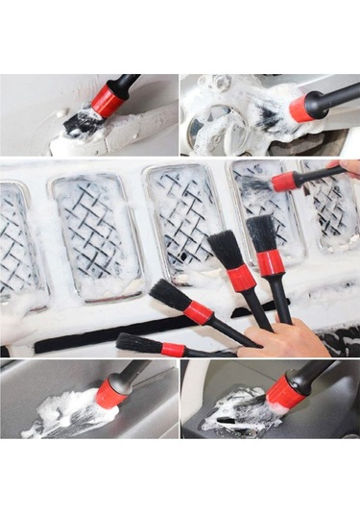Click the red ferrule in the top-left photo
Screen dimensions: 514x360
click(x=108, y=99)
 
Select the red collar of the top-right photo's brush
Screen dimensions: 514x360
click(x=302, y=108)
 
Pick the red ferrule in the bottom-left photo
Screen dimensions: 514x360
click(x=111, y=391)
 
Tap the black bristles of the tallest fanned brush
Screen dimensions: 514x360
click(x=261, y=232)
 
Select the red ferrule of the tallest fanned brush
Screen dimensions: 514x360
click(x=272, y=261)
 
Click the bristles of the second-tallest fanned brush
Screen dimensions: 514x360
click(x=227, y=249)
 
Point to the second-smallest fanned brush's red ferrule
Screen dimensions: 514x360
click(x=199, y=311)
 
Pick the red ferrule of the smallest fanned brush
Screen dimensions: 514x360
click(x=174, y=349)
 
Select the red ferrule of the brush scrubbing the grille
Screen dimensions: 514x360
click(x=283, y=182)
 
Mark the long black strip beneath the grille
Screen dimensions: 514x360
click(x=115, y=331)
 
